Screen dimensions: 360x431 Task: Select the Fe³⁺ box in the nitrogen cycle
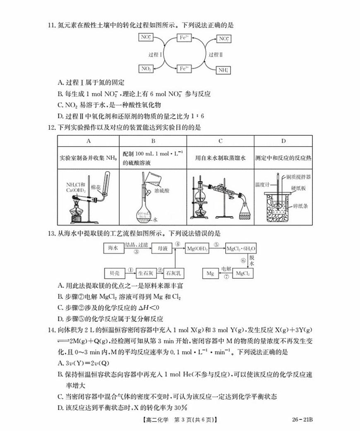click(184, 68)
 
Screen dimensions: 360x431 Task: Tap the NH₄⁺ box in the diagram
click(223, 70)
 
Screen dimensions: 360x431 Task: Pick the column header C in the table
click(221, 141)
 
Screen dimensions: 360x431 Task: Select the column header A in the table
click(88, 141)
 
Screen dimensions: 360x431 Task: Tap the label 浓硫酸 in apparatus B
click(161, 192)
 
